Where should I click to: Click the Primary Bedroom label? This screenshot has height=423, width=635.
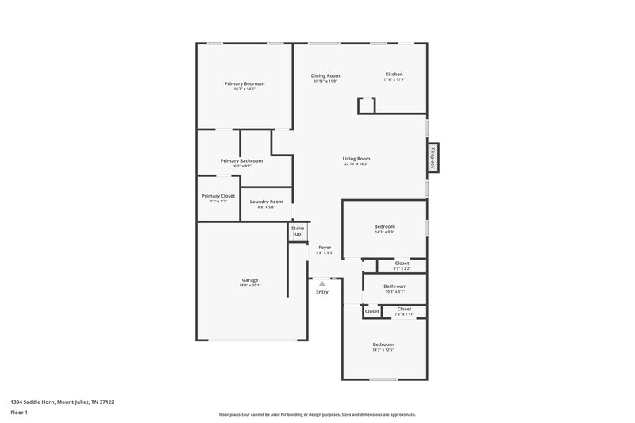244,83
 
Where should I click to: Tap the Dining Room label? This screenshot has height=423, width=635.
325,75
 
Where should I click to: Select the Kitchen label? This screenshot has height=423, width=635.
394,75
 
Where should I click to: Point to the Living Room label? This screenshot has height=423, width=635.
356,158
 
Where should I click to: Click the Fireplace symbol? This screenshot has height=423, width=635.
433,156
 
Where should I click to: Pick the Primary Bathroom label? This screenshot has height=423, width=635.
241,160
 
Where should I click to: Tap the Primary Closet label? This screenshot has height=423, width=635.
217,195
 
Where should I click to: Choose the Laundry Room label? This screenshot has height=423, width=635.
266,202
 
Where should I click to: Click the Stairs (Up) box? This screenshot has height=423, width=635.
298,231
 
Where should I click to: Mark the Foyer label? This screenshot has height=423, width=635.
325,247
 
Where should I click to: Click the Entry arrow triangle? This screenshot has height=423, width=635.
321,283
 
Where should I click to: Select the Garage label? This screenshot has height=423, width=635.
250,279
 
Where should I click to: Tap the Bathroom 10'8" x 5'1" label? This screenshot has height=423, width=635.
394,286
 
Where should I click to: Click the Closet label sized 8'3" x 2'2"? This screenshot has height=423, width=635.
402,263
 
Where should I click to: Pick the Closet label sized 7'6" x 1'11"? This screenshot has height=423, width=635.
404,309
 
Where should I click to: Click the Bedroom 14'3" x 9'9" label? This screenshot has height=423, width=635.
385,226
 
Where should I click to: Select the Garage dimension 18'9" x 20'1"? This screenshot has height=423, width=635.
250,285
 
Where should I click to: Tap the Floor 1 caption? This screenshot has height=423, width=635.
18,413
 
